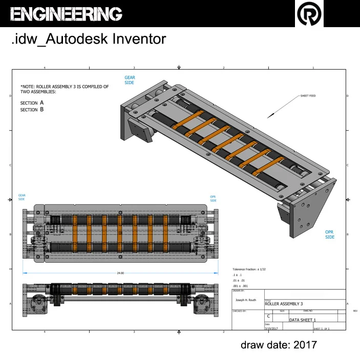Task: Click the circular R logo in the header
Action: tap(310, 14)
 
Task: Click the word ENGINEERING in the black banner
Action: tap(66, 14)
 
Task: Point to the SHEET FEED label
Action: tap(308, 96)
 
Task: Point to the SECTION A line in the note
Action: tap(32, 103)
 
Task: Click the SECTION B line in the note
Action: tap(32, 110)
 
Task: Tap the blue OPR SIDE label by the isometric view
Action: tap(330, 235)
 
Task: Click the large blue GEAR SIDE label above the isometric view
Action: tap(130, 80)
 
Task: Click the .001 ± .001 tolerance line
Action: tap(240, 286)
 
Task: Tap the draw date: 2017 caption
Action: tap(279, 345)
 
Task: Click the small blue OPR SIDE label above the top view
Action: tap(213, 198)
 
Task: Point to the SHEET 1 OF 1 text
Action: tap(321, 328)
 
